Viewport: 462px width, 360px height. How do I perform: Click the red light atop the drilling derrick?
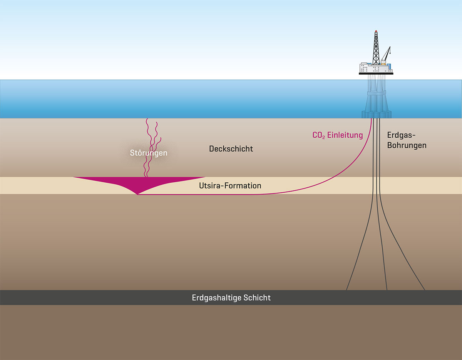pos(376,31)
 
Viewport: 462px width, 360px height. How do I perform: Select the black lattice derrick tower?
pos(376,48)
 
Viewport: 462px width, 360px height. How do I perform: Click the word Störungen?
pos(149,153)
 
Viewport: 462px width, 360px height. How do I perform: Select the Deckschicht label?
pos(231,148)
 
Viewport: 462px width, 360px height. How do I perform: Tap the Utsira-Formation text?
pos(230,186)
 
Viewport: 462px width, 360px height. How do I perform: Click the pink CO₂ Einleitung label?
pos(337,135)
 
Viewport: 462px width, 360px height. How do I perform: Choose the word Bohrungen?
pos(407,145)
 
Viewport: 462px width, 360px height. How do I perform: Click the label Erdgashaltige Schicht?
pos(231,298)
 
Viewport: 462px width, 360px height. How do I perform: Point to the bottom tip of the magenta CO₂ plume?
pos(137,194)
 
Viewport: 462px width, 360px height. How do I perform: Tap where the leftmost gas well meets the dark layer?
pos(347,290)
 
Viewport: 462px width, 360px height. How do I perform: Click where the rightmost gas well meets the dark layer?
pos(424,290)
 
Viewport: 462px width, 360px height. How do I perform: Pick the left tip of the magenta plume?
pos(74,177)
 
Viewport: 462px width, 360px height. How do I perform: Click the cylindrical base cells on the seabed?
pos(376,114)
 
